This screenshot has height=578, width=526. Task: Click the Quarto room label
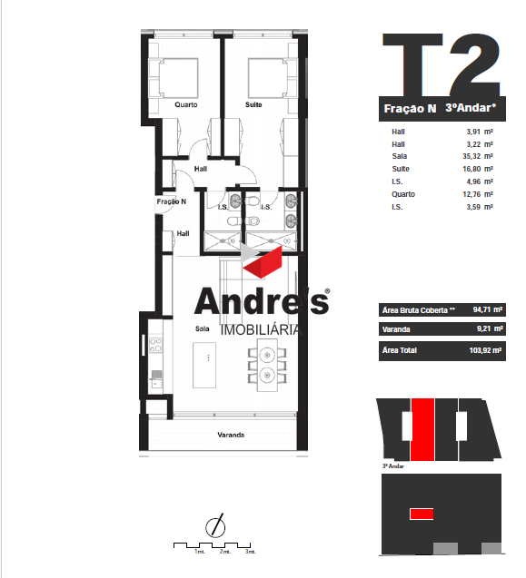point(186,104)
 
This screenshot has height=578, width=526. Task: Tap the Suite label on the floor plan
point(253,104)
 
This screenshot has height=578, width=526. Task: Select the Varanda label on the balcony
point(231,435)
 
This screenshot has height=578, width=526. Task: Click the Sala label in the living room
point(203,328)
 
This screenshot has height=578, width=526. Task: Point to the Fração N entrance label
point(172,201)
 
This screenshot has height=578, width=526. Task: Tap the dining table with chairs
point(267,365)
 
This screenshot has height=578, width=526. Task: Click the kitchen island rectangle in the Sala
point(204,365)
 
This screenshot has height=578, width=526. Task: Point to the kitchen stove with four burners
point(155,345)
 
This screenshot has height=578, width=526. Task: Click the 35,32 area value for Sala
point(471,156)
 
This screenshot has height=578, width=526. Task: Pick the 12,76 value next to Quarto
point(471,194)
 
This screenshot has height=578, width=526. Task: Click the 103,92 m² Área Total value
point(485,350)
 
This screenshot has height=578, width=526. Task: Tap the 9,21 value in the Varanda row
point(483,328)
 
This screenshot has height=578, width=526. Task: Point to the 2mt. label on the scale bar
point(224,552)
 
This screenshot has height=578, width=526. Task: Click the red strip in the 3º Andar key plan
point(422,429)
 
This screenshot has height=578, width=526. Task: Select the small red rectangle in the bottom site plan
point(422,514)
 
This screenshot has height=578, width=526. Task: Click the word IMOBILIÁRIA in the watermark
point(261,330)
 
